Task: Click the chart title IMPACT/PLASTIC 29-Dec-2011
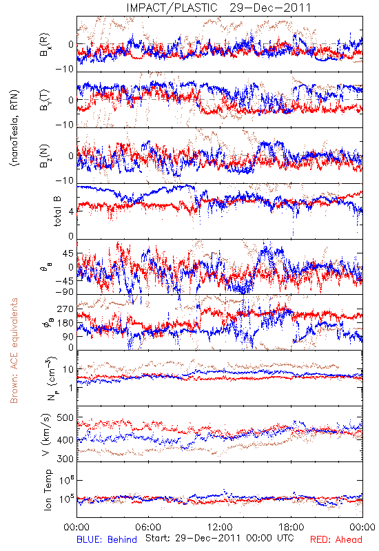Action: coord(218,8)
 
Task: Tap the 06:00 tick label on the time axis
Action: coord(148,527)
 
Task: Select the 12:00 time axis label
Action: coord(220,527)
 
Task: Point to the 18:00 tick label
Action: coord(291,527)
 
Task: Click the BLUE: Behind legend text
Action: coord(107,539)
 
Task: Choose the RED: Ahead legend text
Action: coord(336,539)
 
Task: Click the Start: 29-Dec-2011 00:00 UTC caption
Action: coord(219,538)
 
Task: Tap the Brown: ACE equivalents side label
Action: coord(14,351)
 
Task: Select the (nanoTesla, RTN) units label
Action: coord(14,128)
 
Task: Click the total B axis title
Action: coord(57,211)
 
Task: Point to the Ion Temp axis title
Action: coord(48,489)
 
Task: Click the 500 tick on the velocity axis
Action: coord(65,418)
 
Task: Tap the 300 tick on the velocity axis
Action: coord(65,458)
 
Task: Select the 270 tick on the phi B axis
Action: coord(65,309)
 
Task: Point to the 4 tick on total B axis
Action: coord(71,211)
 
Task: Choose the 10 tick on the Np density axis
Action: coord(68,369)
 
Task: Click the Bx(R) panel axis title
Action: coord(45,45)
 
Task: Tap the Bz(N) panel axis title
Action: coord(45,156)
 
